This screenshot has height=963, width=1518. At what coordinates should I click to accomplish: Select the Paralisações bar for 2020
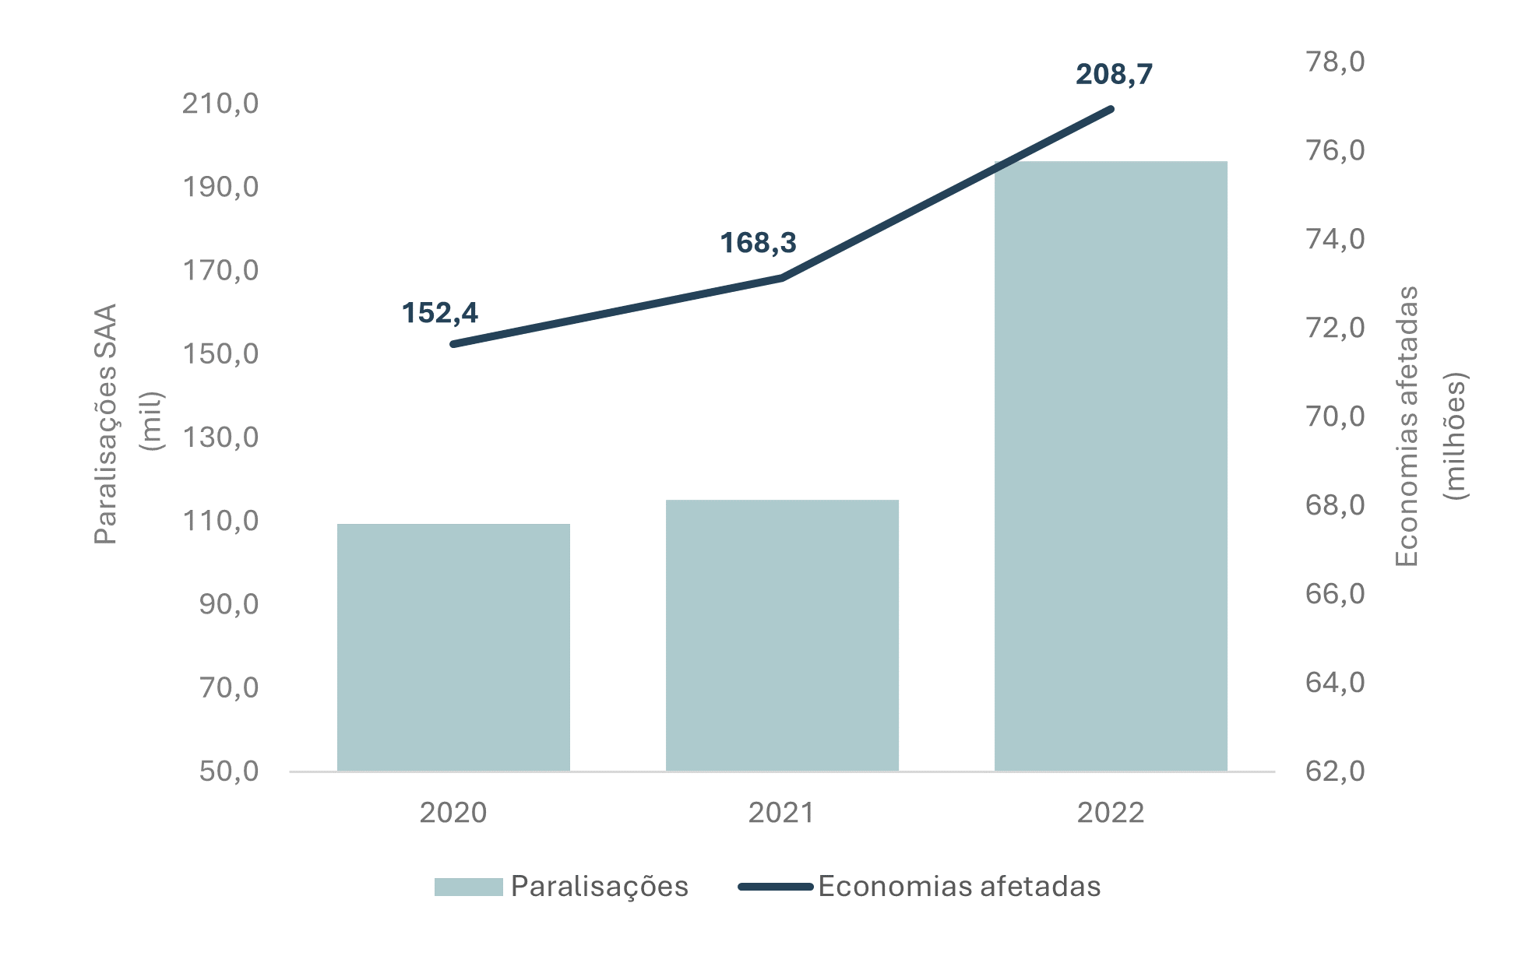click(x=453, y=647)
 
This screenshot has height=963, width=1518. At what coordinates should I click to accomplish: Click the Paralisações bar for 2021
click(x=782, y=635)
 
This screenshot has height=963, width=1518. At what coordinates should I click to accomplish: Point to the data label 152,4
click(x=440, y=313)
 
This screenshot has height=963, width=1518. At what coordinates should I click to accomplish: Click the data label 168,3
click(x=758, y=243)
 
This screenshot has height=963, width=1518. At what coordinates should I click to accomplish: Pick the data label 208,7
click(x=1114, y=75)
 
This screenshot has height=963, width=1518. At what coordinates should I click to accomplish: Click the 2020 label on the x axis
click(x=453, y=813)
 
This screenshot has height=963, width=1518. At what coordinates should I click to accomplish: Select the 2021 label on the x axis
click(x=782, y=813)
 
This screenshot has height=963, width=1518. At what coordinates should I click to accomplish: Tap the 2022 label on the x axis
click(x=1111, y=813)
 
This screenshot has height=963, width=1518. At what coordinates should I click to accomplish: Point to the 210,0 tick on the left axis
click(x=220, y=104)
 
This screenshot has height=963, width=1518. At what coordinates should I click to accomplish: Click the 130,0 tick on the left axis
click(x=220, y=438)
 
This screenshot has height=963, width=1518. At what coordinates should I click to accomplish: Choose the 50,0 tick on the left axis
click(x=229, y=771)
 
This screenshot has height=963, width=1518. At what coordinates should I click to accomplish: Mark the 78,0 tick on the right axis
click(x=1335, y=62)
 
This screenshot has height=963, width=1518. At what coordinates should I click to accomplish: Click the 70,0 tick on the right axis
click(x=1335, y=416)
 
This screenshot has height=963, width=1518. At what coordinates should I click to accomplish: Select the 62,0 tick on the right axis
click(x=1335, y=771)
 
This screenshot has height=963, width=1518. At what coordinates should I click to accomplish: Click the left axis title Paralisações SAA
click(x=105, y=424)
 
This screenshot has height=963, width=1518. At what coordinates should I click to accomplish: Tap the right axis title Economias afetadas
click(x=1407, y=427)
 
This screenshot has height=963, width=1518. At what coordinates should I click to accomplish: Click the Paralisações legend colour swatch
click(x=468, y=887)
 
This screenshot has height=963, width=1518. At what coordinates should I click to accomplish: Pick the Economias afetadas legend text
click(x=960, y=887)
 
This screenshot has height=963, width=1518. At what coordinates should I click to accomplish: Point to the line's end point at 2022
click(x=1111, y=109)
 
